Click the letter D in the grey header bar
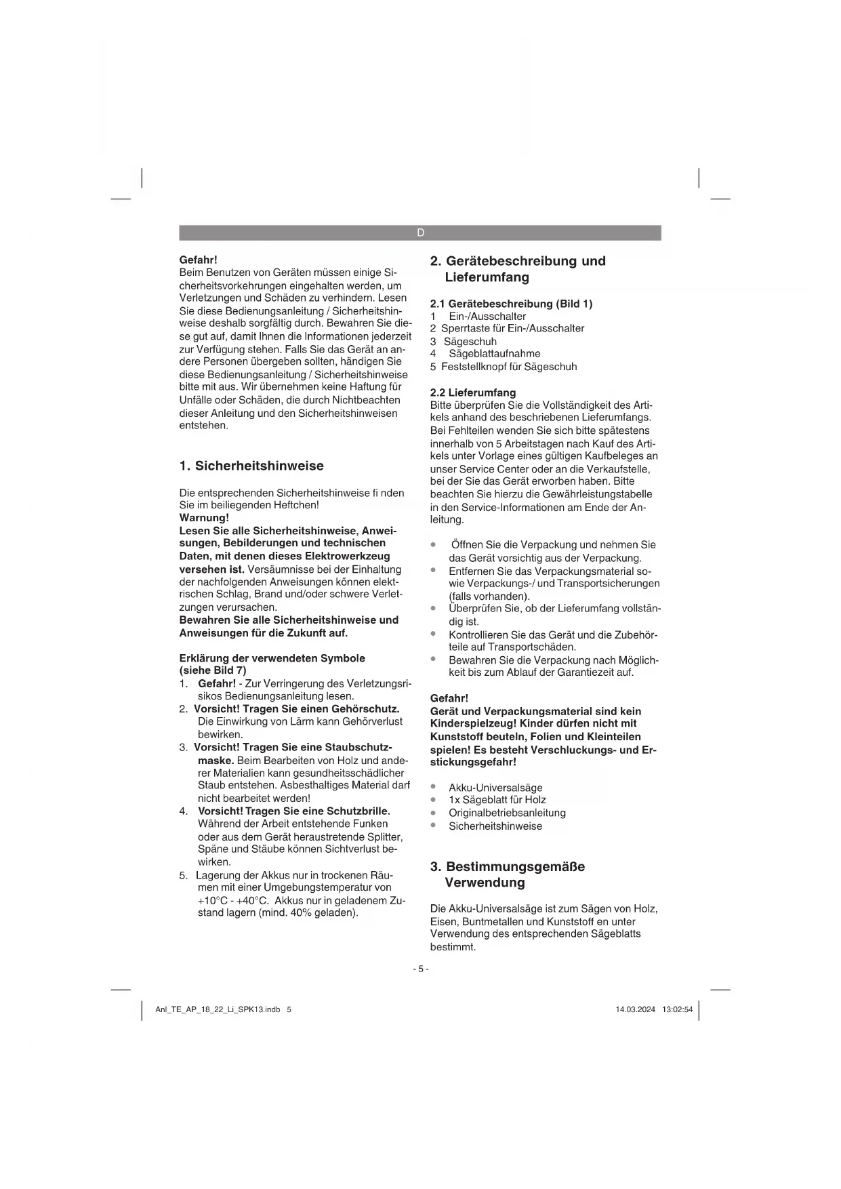click(420, 233)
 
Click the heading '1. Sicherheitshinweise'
click(251, 466)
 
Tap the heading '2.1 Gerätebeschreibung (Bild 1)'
click(511, 304)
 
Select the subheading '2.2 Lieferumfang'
click(473, 392)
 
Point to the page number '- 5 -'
click(420, 969)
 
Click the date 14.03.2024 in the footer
click(635, 1009)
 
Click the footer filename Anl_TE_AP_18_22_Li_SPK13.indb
click(218, 1009)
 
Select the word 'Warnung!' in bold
click(204, 518)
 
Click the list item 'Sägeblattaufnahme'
click(494, 353)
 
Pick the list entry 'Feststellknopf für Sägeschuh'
click(509, 367)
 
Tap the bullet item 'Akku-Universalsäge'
click(495, 788)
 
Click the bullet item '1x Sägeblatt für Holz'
click(497, 800)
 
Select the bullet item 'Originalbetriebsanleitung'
click(507, 813)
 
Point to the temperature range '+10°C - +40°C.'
click(233, 900)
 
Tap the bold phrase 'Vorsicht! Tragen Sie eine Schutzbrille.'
click(293, 811)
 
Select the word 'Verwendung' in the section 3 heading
click(485, 883)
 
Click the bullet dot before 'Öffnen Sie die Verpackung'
click(433, 545)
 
